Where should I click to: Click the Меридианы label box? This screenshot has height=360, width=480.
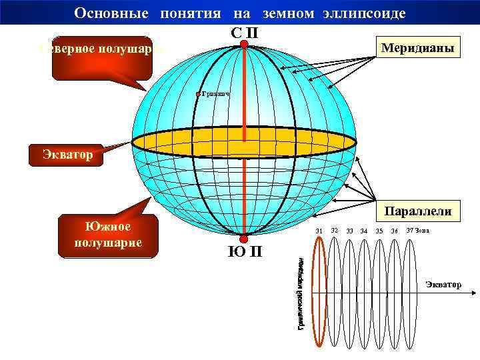click(417, 49)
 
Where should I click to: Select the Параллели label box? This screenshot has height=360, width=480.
click(418, 211)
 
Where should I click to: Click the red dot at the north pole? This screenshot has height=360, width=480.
click(244, 45)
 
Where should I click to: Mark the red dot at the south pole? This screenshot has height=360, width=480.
click(244, 239)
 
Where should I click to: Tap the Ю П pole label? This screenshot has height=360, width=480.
click(245, 252)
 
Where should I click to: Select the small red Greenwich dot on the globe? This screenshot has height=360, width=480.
click(199, 95)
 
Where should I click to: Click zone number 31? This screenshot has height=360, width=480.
click(319, 231)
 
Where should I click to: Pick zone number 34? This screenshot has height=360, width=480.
click(364, 231)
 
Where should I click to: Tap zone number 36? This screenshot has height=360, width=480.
click(395, 231)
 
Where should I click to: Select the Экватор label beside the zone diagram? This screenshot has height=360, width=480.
click(443, 285)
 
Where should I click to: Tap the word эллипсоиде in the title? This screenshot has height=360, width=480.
click(371, 13)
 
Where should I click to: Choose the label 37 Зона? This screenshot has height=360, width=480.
click(417, 231)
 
